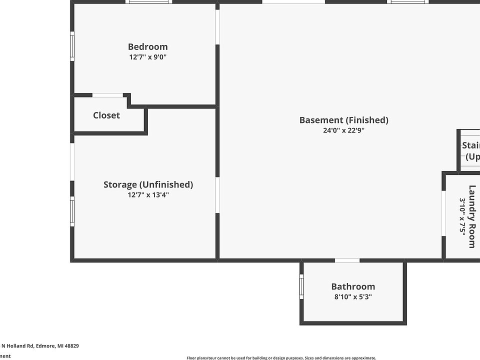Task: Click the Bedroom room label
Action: pos(147,47)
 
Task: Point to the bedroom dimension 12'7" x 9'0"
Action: pos(147,57)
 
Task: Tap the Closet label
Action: pos(106,115)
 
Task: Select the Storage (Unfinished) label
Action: pos(148,184)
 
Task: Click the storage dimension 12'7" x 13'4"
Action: pos(148,195)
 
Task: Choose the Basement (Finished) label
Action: pos(343,120)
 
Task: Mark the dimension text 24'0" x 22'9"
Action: pos(343,130)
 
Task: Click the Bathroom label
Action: pos(353,286)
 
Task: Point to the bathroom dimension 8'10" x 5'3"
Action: pos(353,297)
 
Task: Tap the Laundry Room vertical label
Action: pos(472,216)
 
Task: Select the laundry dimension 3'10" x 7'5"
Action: pos(462,216)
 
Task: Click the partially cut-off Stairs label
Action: pos(471,151)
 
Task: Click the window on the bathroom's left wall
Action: pos(301,287)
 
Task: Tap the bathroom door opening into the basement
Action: pos(347,260)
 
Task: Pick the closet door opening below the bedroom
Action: pos(107,95)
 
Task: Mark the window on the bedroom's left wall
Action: pos(72,46)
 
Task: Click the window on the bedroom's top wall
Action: pos(149,1)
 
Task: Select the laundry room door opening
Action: pos(443,213)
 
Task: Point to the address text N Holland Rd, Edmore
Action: pos(40,345)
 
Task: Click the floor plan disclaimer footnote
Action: pos(281,357)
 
